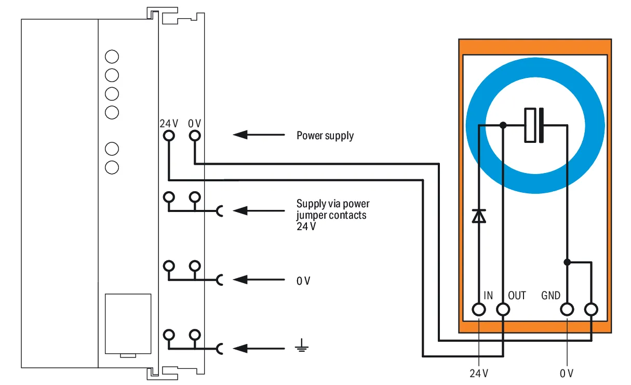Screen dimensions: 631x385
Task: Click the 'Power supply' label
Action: pos(325,136)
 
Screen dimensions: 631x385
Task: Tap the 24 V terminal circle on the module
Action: pos(169,136)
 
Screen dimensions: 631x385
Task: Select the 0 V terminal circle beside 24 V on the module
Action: pos(195,136)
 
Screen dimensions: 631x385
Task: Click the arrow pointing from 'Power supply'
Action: pos(259,135)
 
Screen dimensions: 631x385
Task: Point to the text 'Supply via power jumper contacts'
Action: pos(333,209)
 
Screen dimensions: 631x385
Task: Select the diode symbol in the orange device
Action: pos(479,216)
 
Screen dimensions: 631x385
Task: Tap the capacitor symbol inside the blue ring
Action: pos(534,125)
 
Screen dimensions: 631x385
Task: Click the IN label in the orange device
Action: pos(488,295)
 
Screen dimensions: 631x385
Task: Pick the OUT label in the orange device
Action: pos(517,295)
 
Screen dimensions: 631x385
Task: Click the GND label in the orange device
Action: pos(551,295)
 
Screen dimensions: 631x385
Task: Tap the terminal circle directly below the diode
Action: pos(479,310)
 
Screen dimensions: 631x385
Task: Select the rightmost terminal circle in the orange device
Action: pos(591,310)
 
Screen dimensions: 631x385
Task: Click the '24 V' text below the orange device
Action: pos(479,374)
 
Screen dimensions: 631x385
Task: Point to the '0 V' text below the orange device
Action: pos(567,374)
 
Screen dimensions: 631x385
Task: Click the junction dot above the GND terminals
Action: pos(567,262)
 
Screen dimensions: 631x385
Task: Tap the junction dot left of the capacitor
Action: pos(503,125)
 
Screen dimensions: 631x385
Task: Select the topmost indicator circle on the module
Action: pos(112,57)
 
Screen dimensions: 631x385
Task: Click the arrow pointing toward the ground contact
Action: pos(259,349)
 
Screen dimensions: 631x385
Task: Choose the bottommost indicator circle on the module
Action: pos(112,167)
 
